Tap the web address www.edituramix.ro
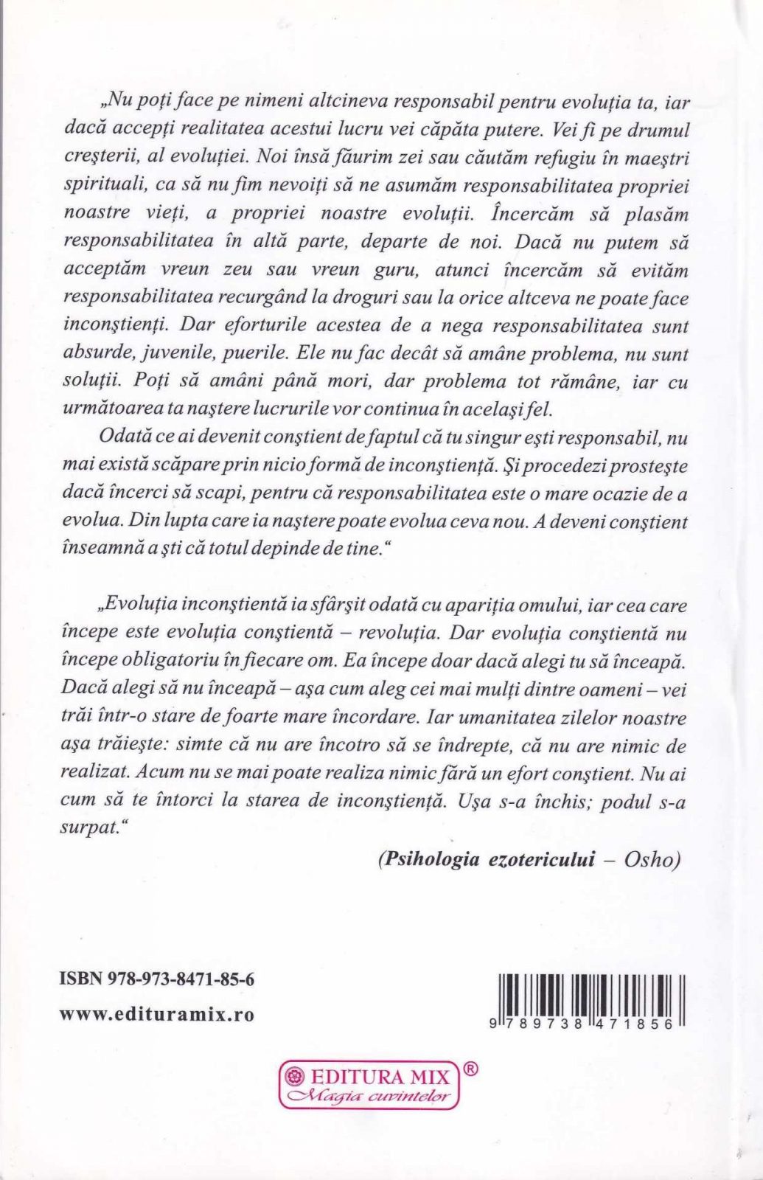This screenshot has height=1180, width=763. coord(156,1014)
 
